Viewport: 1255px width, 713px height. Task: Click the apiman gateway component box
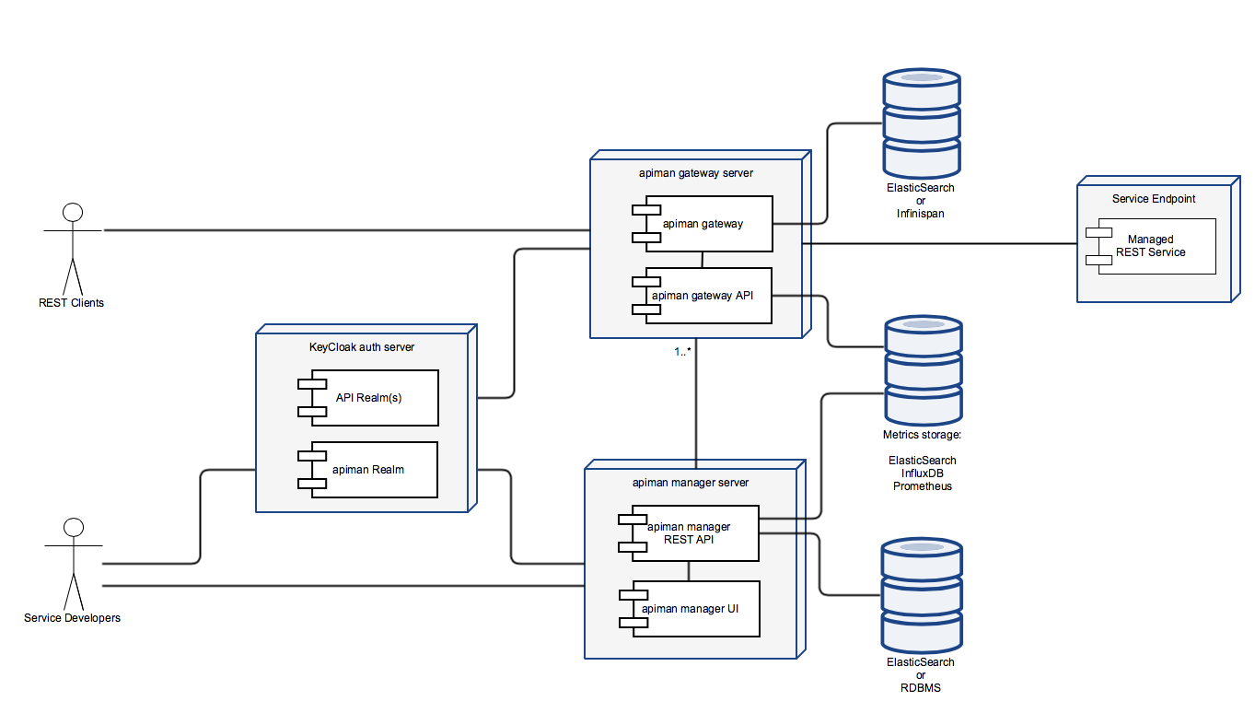[703, 224]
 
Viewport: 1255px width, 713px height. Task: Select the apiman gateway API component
[702, 296]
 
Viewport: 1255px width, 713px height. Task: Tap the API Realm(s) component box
[368, 398]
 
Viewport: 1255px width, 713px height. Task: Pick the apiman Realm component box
[367, 470]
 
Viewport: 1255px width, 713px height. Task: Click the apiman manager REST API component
[689, 533]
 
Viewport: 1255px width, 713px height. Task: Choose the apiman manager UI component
[690, 609]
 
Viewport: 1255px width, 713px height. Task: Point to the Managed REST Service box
[1151, 246]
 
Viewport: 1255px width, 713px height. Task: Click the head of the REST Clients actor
[73, 213]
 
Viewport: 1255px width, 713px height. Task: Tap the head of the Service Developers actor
[74, 528]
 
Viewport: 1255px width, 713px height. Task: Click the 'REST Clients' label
[71, 303]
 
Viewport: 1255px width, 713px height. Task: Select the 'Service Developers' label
[72, 618]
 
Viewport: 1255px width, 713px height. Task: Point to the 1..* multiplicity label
[682, 352]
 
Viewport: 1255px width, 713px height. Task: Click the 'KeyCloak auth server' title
[362, 347]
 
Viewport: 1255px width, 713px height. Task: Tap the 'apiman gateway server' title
[696, 173]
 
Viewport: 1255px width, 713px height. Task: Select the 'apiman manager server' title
[691, 483]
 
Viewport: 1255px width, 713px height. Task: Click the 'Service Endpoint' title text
[1154, 199]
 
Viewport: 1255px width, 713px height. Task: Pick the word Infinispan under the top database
[921, 214]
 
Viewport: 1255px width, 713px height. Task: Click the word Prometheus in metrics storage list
[923, 486]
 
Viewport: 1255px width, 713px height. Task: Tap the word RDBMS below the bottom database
[921, 688]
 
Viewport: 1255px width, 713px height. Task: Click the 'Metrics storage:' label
[923, 435]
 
